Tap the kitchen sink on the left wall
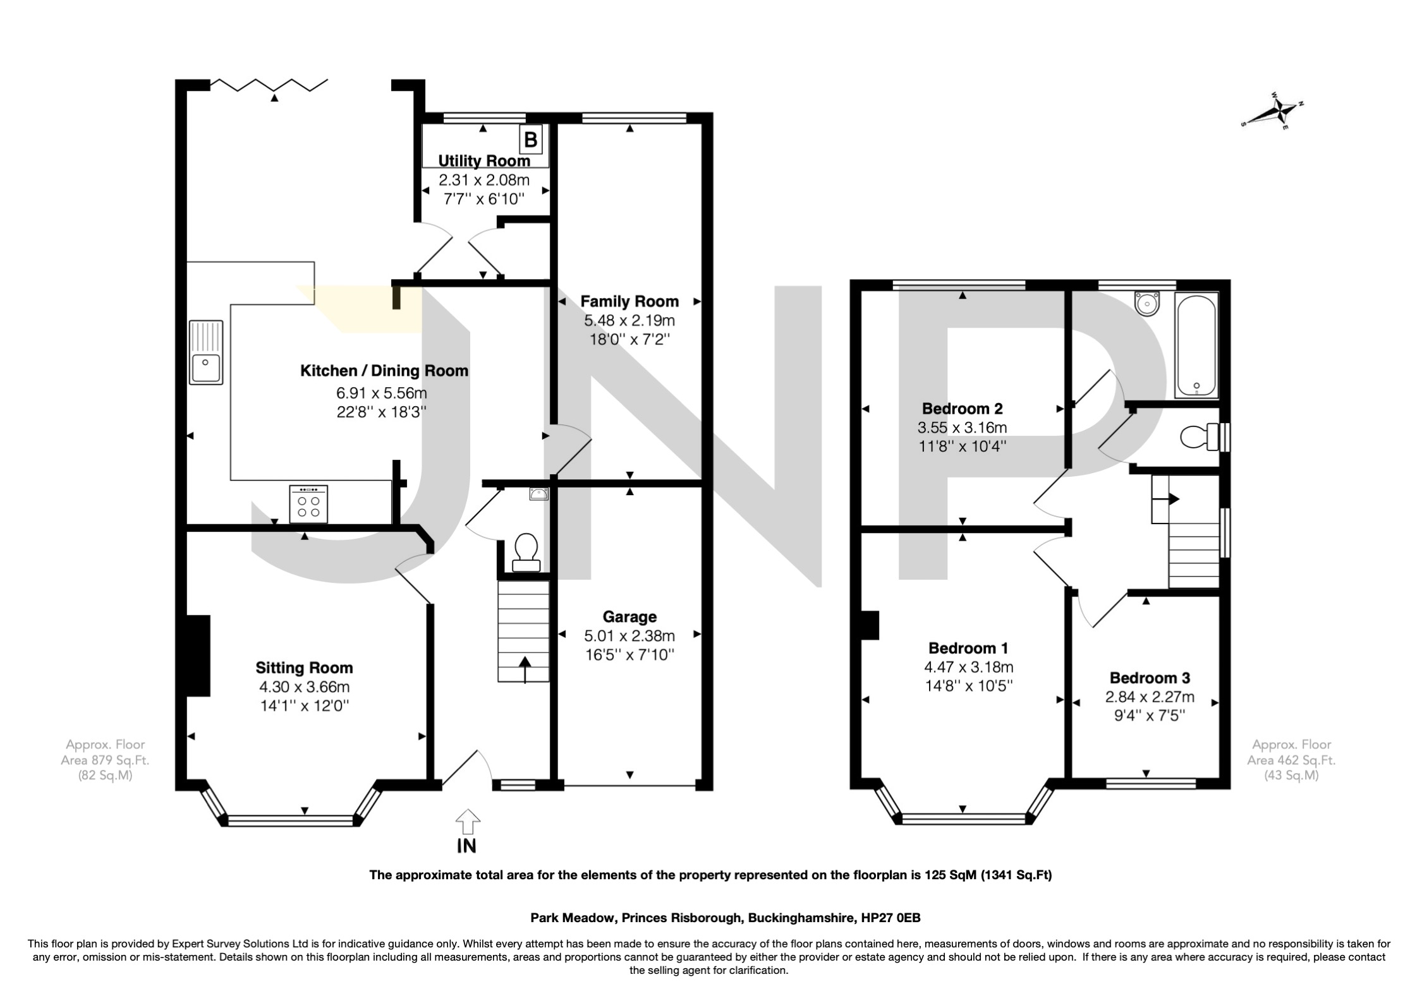(x=206, y=353)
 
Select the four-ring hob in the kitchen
(x=308, y=504)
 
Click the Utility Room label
(x=484, y=161)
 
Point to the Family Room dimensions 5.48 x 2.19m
(x=629, y=321)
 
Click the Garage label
(x=629, y=616)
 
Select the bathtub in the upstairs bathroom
(x=1196, y=345)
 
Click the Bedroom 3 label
(x=1150, y=678)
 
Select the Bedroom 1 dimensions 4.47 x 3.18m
(x=968, y=667)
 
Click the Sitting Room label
(x=304, y=668)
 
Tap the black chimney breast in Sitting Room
(x=198, y=656)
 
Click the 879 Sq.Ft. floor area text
(x=105, y=760)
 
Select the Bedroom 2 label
(x=962, y=408)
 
